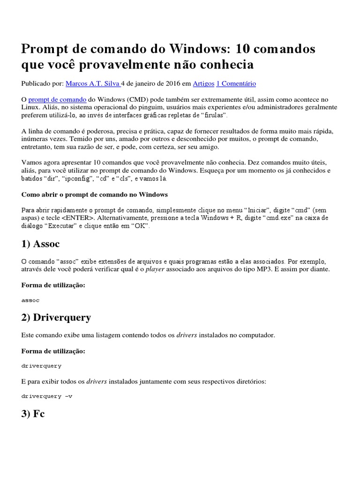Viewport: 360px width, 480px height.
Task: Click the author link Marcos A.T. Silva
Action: click(93, 83)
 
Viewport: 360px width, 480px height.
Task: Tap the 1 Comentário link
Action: click(236, 83)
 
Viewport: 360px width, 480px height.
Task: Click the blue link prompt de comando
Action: click(57, 99)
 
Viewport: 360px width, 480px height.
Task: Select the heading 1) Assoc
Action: click(41, 244)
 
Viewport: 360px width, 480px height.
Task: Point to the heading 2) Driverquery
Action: click(56, 317)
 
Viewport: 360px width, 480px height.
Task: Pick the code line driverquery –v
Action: click(47, 396)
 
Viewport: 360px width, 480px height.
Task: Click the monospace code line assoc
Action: click(31, 300)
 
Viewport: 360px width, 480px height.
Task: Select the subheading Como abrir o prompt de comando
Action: click(95, 194)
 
